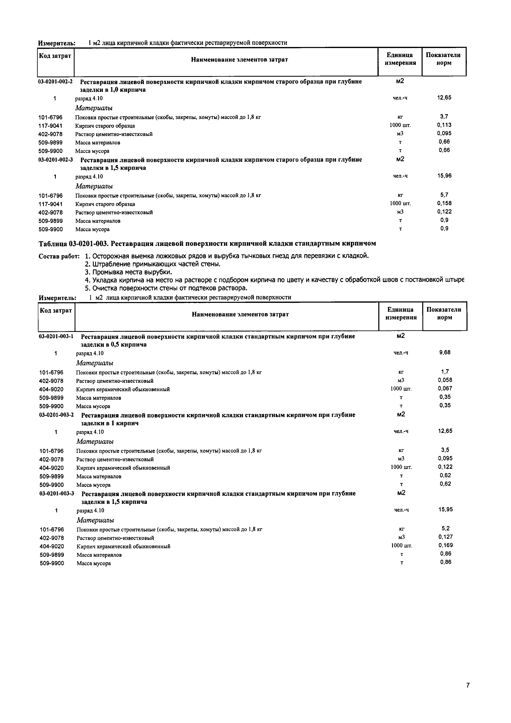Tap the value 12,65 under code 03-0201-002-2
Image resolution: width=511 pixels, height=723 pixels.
tap(444, 98)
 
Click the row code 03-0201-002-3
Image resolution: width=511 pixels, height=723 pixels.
tap(55, 160)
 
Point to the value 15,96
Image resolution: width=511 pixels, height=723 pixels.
tap(444, 176)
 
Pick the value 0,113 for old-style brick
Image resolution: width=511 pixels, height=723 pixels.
tap(444, 125)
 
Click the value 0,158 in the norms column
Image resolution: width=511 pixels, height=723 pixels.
tap(444, 203)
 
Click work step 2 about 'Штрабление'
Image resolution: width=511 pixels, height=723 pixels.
tap(153, 264)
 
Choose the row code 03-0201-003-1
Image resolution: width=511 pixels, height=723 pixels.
tap(56, 336)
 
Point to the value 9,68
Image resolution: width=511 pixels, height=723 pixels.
tap(445, 353)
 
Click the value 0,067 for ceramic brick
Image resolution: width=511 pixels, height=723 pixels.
tap(445, 389)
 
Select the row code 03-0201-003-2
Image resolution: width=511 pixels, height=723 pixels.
tap(56, 415)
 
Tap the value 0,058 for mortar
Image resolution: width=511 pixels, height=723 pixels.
tap(445, 380)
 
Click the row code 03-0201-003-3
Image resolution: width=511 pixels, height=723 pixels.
tap(57, 493)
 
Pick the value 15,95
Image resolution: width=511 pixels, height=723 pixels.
tap(445, 509)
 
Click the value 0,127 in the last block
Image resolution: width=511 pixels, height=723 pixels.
tap(445, 537)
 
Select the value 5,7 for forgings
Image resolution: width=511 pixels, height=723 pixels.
tap(444, 195)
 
